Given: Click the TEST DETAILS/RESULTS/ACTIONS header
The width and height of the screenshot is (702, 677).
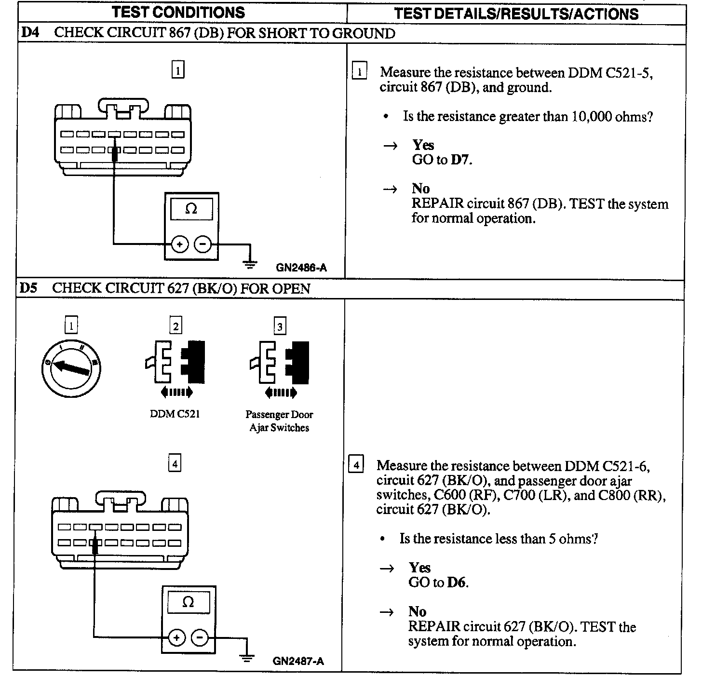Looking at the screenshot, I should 516,14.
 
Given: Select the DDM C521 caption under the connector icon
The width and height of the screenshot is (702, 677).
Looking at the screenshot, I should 175,414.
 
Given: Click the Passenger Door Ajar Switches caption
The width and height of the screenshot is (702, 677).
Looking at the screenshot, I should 279,421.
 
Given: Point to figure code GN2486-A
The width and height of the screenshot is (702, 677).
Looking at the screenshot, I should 301,268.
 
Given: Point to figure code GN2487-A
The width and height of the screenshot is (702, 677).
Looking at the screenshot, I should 298,661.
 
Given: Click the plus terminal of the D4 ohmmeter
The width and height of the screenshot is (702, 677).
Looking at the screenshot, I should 180,244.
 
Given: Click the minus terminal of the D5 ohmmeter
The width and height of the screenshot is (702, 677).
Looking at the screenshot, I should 200,638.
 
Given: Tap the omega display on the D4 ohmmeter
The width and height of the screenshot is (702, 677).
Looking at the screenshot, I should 191,209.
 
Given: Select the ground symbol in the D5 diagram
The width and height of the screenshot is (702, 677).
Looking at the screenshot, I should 247,658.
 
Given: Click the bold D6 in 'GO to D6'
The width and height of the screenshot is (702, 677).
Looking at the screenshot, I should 457,582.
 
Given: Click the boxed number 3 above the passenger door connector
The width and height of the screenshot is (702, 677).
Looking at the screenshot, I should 280,326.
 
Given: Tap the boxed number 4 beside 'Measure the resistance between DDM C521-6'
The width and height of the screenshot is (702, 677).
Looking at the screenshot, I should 356,465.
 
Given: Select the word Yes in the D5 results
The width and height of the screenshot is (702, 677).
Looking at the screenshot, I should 419,568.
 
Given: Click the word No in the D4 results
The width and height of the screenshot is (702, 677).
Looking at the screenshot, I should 421,189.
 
